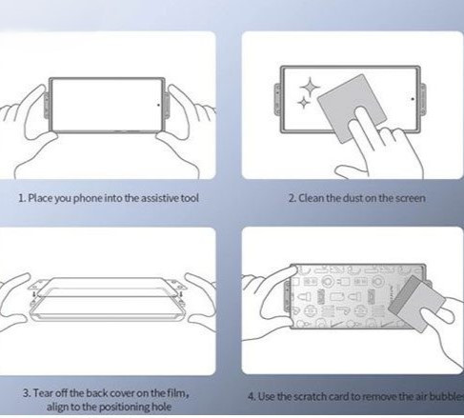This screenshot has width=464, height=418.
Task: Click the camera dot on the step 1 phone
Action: pyautogui.click(x=158, y=105)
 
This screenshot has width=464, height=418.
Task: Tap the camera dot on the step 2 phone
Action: pyautogui.click(x=413, y=99)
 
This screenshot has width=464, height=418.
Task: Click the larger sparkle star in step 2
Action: pyautogui.click(x=310, y=87)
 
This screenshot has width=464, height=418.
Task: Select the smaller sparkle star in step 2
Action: pyautogui.click(x=304, y=103)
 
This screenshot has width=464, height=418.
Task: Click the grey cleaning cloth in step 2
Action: pyautogui.click(x=352, y=108)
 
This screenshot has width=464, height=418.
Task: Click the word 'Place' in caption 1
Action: pyautogui.click(x=40, y=198)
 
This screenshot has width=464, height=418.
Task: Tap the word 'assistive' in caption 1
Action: pyautogui.click(x=160, y=198)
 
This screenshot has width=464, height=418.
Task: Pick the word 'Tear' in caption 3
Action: pyautogui.click(x=43, y=393)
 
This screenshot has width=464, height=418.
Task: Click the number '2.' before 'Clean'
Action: pyautogui.click(x=293, y=198)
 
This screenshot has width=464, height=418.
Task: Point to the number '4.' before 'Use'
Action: pyautogui.click(x=252, y=397)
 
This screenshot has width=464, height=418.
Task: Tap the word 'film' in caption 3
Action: pyautogui.click(x=178, y=393)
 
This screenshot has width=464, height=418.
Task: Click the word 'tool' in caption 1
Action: pyautogui.click(x=190, y=198)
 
